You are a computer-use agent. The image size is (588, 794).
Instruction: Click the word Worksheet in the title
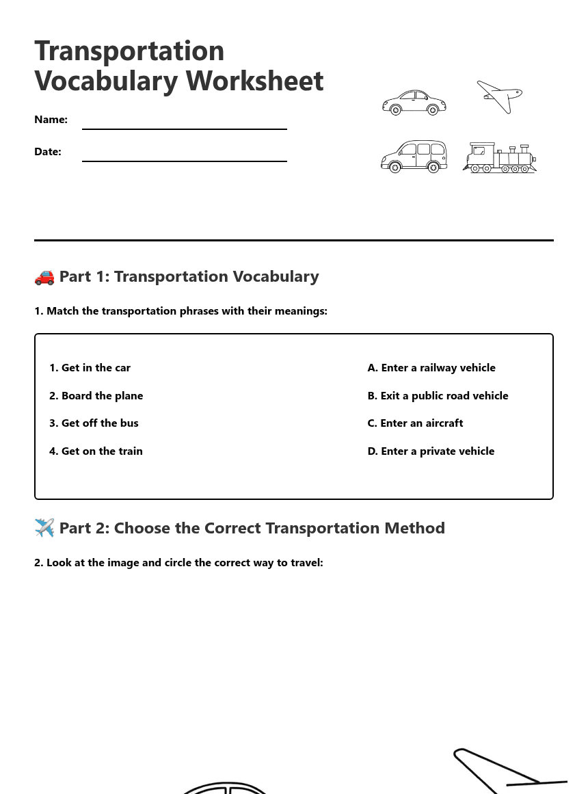tap(254, 81)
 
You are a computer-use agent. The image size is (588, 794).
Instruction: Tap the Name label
tap(51, 120)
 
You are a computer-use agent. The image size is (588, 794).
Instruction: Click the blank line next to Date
tap(185, 161)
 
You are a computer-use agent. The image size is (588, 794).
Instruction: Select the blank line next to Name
tap(185, 129)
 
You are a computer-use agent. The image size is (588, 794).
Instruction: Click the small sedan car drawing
tap(414, 103)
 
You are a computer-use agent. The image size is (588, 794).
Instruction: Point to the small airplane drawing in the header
tap(500, 96)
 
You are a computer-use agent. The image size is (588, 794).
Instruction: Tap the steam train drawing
tap(500, 159)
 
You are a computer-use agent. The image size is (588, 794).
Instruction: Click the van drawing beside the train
tap(414, 157)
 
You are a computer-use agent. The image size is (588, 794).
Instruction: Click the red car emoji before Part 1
tap(44, 277)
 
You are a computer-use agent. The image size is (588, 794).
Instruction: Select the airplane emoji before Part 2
tap(44, 528)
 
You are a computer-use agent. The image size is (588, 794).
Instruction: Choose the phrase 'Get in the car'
tap(90, 368)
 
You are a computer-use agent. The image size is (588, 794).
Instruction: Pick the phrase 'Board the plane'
tap(96, 396)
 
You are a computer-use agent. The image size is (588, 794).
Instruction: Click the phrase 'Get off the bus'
tap(94, 423)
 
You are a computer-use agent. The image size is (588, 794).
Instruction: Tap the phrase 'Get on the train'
tap(96, 451)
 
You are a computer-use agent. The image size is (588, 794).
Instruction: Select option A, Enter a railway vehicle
tap(431, 368)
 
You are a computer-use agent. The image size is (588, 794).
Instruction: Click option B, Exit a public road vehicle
tap(438, 396)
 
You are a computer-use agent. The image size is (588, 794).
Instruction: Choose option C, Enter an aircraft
tap(415, 423)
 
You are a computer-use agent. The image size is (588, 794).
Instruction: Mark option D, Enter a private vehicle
tap(431, 451)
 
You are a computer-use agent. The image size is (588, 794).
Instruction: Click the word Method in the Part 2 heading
tap(414, 528)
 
